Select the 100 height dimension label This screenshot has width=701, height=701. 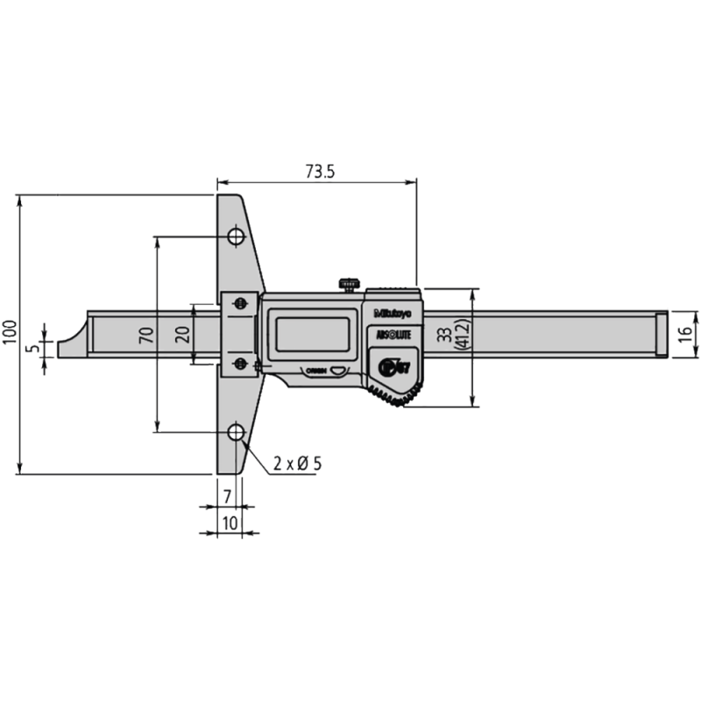(10, 333)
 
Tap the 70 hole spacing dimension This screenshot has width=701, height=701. (145, 333)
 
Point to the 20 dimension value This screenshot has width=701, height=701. (181, 333)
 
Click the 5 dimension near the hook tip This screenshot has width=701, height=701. (33, 347)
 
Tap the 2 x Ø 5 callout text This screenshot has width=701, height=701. (294, 464)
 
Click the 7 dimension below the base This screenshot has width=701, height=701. (227, 496)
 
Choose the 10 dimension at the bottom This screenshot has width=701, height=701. (228, 523)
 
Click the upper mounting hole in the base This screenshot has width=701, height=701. (236, 237)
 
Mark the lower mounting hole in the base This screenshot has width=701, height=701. (236, 432)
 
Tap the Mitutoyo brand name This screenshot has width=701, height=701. (394, 314)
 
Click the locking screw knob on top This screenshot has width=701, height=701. (348, 283)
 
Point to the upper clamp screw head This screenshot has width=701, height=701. (237, 303)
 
